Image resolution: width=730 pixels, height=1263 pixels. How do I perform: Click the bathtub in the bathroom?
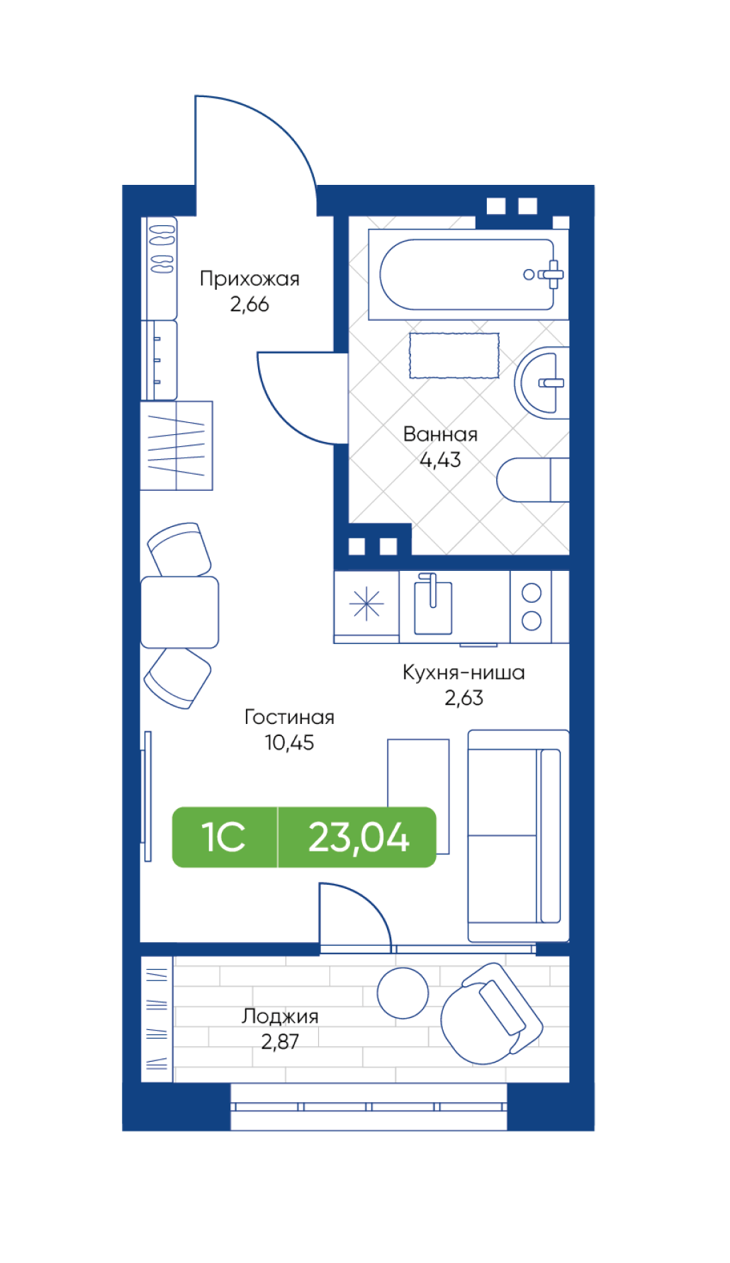468,274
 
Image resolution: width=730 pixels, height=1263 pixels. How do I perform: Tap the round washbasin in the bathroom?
542,383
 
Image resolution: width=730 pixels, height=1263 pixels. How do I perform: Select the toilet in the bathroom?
533,480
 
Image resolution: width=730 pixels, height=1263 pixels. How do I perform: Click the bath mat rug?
454,355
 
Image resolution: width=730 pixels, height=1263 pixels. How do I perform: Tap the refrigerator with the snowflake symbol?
366,605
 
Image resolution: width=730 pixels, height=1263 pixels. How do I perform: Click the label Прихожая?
249,278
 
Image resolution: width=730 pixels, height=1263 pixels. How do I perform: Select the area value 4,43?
440,460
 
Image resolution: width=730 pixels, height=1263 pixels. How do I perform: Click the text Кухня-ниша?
464,672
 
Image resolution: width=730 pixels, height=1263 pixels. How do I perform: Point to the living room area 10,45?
289,742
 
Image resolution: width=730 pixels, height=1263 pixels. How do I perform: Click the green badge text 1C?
223,837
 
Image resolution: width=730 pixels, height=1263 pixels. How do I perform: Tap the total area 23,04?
359,837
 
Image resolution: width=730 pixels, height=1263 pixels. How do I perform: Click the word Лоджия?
280,1016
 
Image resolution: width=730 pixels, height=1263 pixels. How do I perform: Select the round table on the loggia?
403,993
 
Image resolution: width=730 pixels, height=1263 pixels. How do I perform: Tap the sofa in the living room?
518,836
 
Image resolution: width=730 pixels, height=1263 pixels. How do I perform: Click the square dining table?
179,612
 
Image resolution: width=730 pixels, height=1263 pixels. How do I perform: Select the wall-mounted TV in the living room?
147,796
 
